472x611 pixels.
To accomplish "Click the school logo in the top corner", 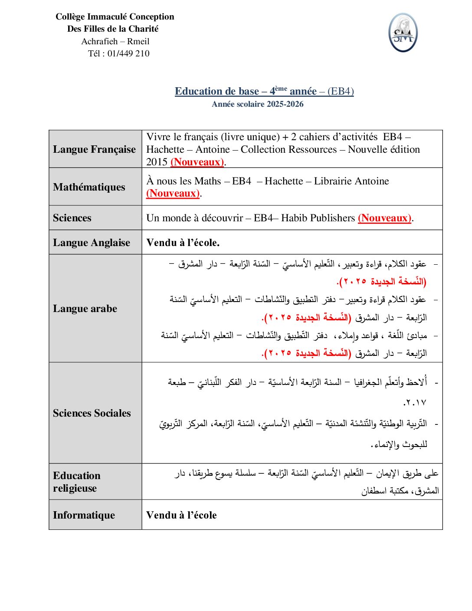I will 403,33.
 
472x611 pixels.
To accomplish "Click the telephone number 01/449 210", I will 128,53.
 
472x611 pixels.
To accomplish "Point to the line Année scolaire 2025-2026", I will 257,104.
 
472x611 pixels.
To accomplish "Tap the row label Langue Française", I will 94,149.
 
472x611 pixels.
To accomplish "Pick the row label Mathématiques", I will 89,187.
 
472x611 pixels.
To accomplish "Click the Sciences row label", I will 72,218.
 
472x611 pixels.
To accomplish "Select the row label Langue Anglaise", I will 92,243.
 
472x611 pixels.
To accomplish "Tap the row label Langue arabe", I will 85,309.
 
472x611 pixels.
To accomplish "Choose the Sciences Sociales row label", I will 92,413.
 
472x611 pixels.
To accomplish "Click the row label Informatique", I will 84,515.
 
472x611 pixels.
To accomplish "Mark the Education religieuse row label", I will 76,482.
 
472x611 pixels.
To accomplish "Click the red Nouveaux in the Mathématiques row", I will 173,194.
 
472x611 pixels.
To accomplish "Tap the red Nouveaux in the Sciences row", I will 385,218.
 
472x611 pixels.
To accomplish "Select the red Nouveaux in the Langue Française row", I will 197,162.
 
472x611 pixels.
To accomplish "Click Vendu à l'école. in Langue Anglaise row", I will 183,243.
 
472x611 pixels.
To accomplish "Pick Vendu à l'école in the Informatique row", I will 181,515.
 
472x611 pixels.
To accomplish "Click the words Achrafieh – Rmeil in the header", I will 115,41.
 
